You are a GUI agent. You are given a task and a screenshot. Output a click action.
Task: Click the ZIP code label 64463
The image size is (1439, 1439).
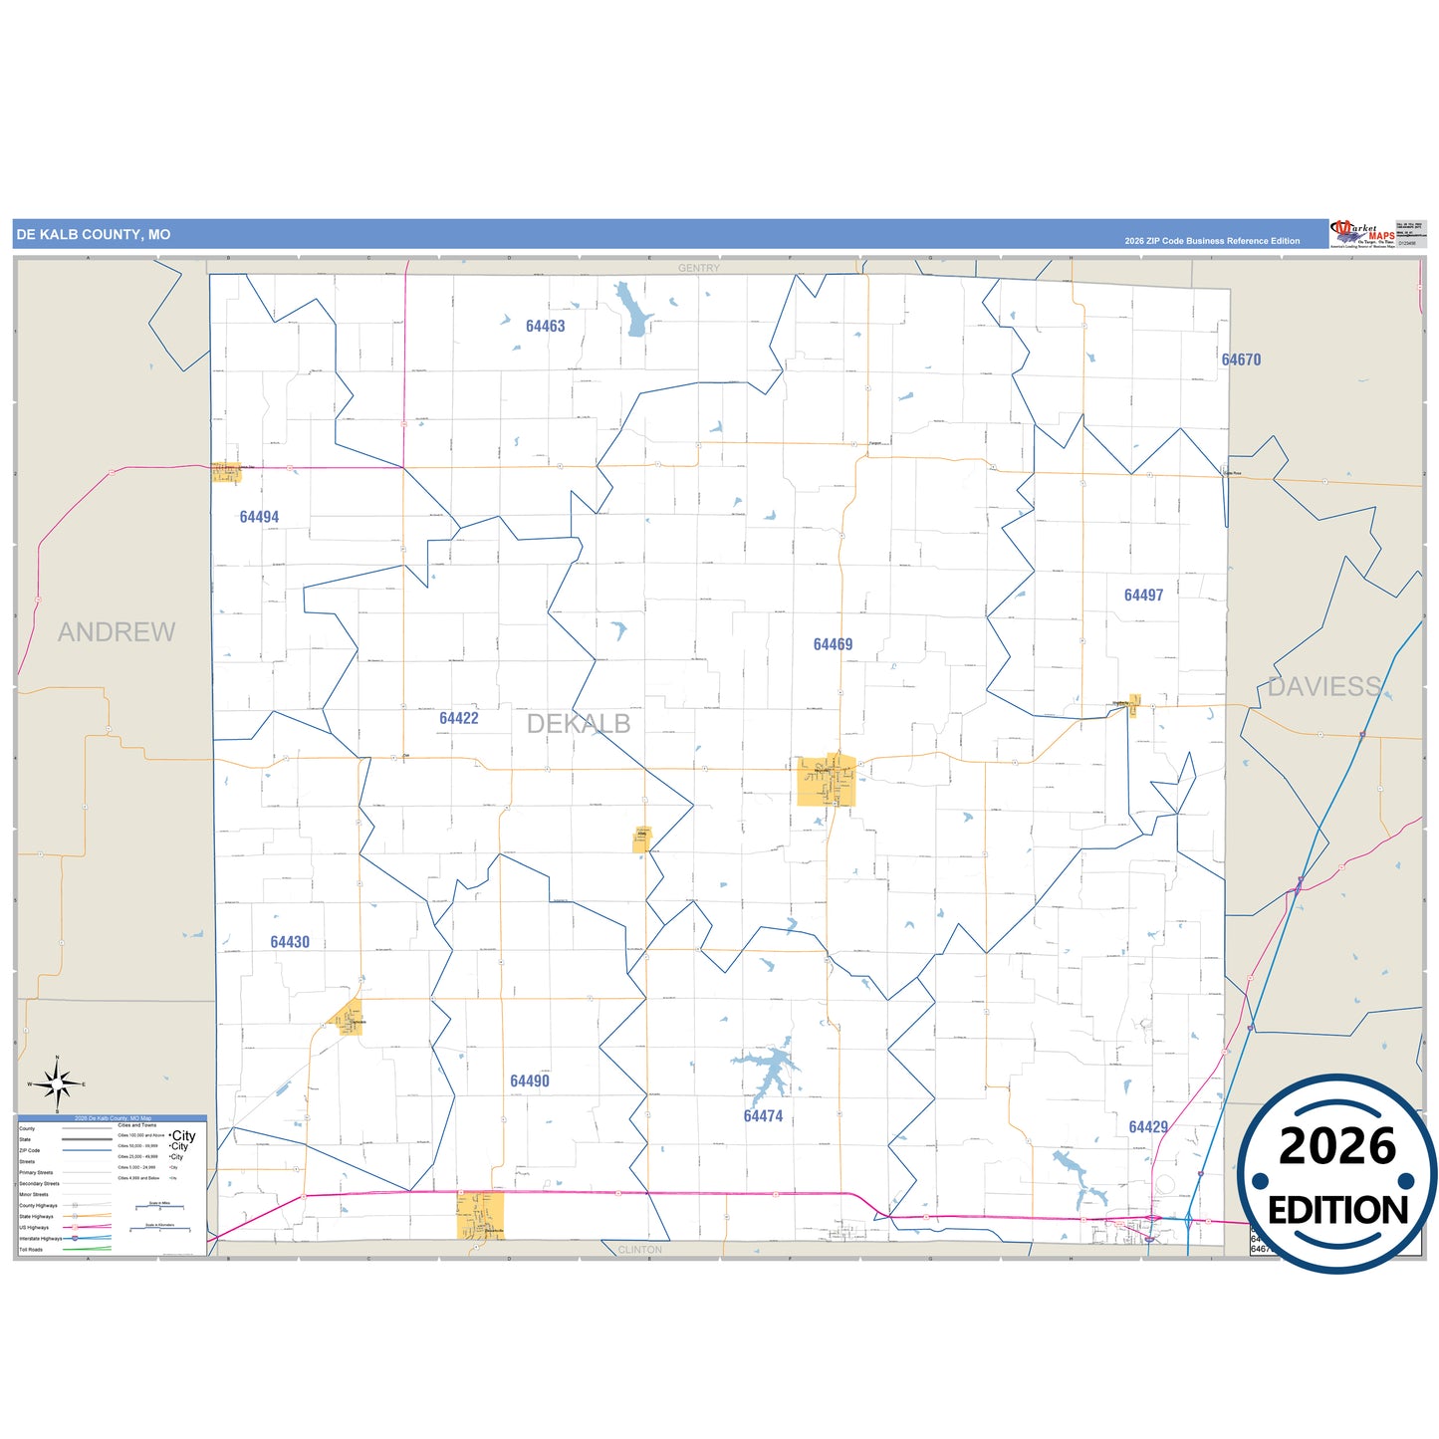pos(545,326)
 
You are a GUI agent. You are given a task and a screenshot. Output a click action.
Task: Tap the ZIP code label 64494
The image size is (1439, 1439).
pos(259,517)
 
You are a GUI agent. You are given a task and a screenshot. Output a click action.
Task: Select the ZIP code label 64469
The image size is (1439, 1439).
pos(833,644)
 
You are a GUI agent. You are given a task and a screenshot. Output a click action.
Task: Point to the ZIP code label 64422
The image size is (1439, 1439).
pos(459,718)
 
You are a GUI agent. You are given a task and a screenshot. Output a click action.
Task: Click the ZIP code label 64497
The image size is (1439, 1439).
pos(1143,595)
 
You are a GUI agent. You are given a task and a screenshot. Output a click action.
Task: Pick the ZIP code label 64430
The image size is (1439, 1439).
pos(290,942)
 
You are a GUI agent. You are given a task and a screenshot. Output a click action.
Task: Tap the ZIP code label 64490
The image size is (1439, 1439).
pos(530,1080)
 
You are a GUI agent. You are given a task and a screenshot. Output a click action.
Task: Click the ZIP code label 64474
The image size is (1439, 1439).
pos(763,1116)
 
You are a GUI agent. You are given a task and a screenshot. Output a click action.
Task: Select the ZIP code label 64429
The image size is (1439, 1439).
pos(1148,1126)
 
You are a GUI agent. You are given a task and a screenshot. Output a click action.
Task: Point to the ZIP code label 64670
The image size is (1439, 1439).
pos(1241,360)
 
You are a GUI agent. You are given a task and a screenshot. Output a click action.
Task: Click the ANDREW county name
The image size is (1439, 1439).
pos(117,631)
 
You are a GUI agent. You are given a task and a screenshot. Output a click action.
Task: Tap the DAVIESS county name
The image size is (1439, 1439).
pos(1323,686)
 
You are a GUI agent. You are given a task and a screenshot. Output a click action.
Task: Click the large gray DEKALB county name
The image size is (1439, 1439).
pos(579,724)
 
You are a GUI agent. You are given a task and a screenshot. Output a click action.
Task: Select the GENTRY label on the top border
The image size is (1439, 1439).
pos(698,268)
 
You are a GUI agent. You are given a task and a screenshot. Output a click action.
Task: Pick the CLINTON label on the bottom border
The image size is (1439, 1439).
pos(639,1249)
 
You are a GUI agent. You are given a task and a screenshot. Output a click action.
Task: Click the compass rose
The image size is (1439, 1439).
pos(57,1083)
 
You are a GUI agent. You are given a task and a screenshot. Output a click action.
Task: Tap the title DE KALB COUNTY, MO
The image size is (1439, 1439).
pos(93,235)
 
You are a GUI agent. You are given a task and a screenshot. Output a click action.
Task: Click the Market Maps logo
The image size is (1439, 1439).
pos(1362,234)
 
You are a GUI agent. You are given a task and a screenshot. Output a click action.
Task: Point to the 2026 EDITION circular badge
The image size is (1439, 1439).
pos(1336,1175)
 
